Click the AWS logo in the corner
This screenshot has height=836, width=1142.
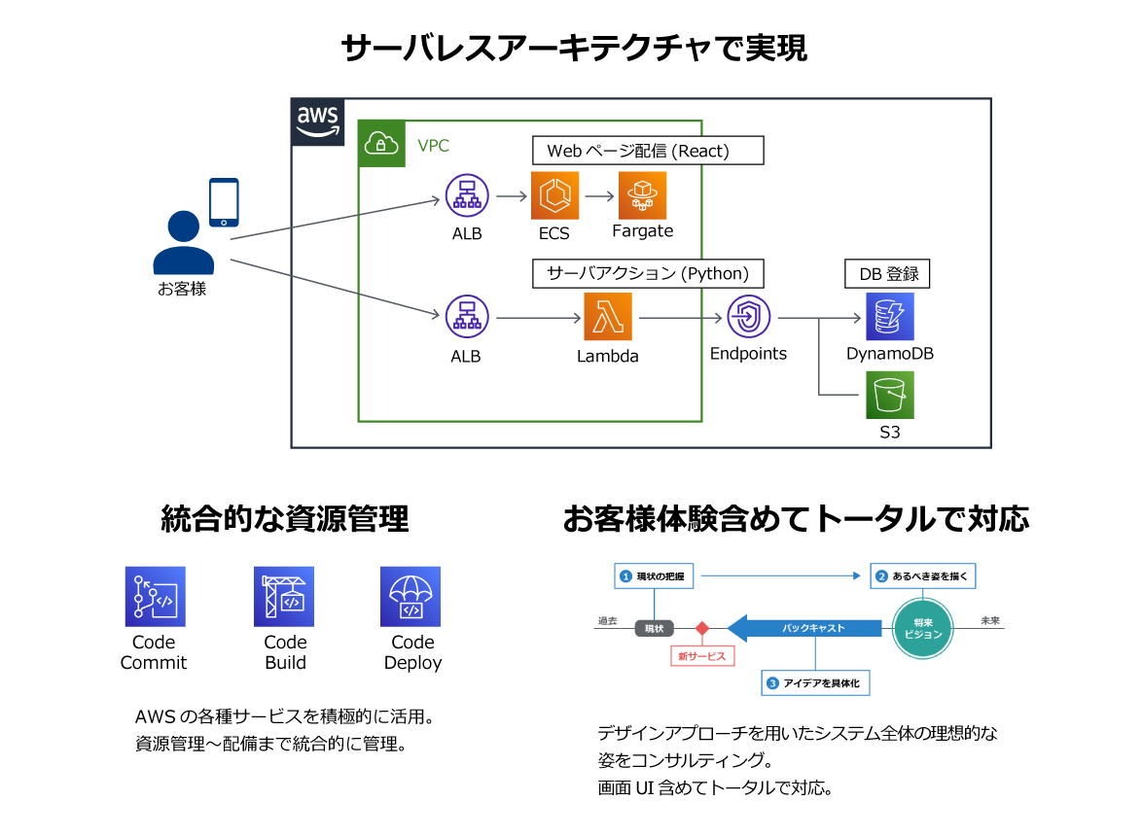[318, 122]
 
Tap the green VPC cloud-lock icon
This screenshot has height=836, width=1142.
[381, 144]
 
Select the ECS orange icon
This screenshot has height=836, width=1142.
[554, 195]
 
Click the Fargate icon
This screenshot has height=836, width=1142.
[642, 195]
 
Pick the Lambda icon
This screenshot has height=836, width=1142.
[608, 317]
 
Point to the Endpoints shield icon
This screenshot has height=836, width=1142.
[748, 317]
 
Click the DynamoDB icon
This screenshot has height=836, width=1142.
[889, 317]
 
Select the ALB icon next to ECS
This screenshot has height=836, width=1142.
[467, 196]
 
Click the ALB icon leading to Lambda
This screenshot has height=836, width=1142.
[467, 318]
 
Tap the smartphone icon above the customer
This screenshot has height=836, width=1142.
[224, 202]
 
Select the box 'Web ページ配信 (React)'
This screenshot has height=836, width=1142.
[647, 151]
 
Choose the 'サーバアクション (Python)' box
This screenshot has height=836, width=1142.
[647, 273]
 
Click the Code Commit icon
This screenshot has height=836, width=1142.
[155, 596]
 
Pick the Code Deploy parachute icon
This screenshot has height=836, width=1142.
[411, 596]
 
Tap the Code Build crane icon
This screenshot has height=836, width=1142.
[284, 596]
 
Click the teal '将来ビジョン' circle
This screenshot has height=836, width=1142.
[923, 628]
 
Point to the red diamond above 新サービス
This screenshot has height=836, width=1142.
[701, 628]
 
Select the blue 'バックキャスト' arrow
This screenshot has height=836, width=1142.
[807, 628]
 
